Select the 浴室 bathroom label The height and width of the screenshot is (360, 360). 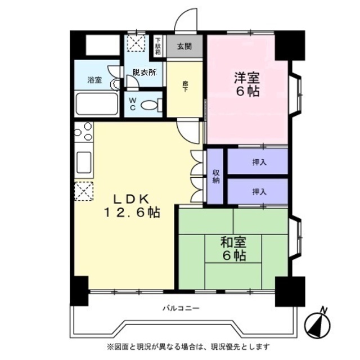pos(94,80)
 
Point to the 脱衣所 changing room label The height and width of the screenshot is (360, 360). pos(145,72)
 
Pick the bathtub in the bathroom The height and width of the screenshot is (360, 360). pos(97,104)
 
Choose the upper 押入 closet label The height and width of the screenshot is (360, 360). pos(258,163)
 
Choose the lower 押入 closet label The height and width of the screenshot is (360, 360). pos(258,192)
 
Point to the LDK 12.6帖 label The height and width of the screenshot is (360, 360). pos(131,206)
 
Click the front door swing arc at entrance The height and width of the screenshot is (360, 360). pos(186,21)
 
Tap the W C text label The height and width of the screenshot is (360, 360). pos(133,103)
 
